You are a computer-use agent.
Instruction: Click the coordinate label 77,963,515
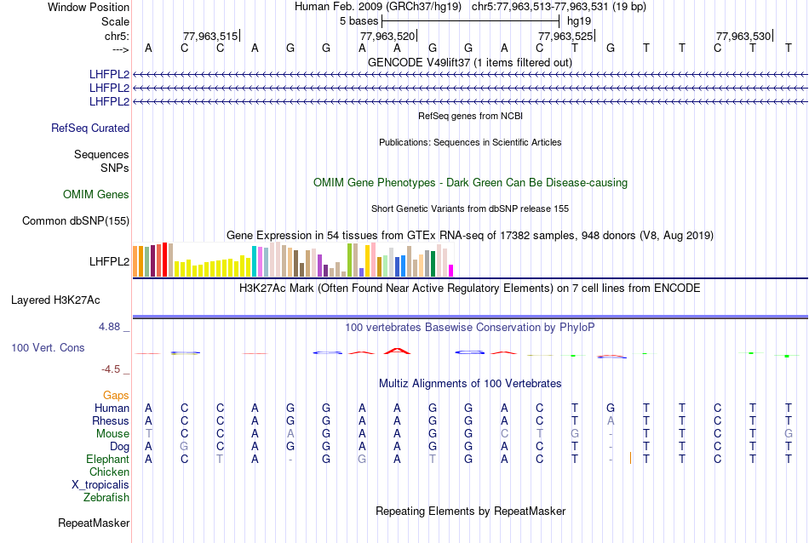tap(210, 37)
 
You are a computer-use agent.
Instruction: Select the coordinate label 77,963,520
tap(387, 37)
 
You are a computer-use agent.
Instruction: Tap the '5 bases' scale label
tap(359, 20)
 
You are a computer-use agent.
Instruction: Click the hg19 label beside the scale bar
tap(579, 20)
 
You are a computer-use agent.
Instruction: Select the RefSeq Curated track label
tap(90, 129)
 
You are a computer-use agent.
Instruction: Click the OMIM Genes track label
tap(96, 195)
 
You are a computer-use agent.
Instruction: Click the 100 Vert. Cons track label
tap(48, 348)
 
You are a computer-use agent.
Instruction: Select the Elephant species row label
tap(108, 460)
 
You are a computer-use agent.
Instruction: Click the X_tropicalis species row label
tap(100, 485)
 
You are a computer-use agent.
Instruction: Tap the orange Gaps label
tap(116, 396)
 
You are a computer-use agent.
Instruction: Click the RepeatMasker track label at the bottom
tap(94, 523)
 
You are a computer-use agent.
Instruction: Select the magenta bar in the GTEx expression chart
tap(450, 271)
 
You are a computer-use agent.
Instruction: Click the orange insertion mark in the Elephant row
tap(630, 459)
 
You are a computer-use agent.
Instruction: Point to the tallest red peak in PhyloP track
tap(396, 349)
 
